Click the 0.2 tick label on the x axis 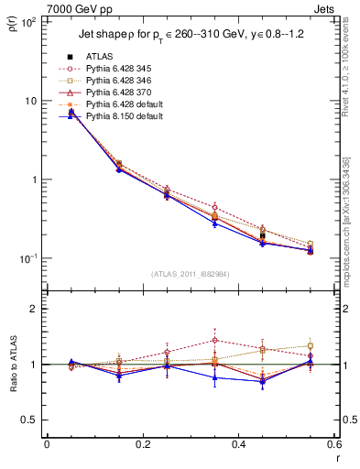142,445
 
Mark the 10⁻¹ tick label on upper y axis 29,258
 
